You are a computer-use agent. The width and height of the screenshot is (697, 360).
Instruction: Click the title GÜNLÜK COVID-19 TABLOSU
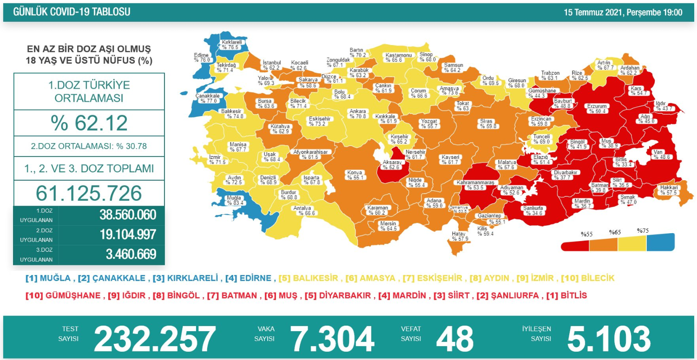[72, 12]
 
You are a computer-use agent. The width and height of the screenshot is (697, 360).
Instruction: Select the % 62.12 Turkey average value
[89, 123]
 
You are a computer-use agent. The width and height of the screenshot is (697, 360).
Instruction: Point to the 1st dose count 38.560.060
[127, 215]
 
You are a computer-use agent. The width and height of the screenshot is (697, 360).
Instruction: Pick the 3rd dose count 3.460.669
[127, 255]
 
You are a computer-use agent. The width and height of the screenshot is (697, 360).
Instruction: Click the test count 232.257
[155, 339]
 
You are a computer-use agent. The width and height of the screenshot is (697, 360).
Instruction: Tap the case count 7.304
[332, 339]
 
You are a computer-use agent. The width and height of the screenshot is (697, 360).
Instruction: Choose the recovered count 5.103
[609, 339]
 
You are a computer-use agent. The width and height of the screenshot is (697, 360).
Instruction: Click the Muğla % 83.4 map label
[232, 200]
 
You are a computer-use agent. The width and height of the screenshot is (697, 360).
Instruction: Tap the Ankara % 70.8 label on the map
[358, 114]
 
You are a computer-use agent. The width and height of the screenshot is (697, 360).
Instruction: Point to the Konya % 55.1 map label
[355, 175]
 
